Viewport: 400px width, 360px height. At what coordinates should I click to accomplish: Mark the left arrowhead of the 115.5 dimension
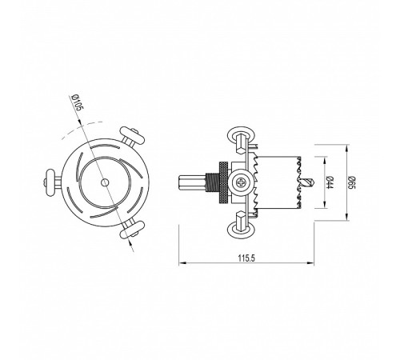pos(178,262)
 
